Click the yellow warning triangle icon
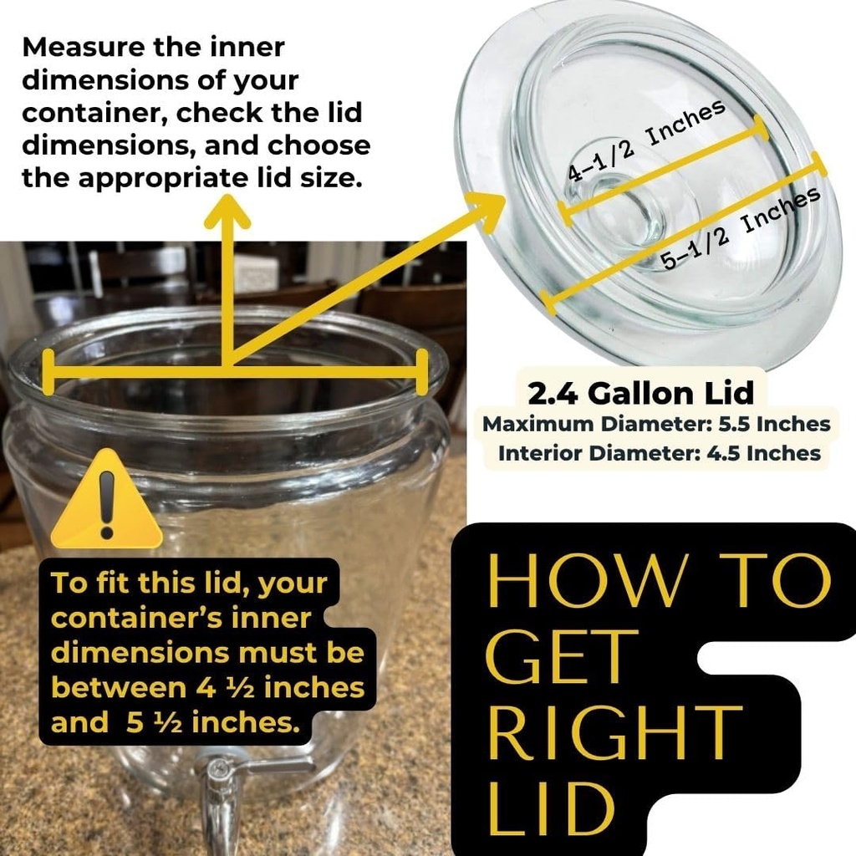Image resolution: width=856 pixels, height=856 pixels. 106,505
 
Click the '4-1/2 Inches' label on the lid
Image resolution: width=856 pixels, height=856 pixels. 646,141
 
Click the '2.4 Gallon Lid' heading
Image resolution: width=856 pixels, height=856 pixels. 640,392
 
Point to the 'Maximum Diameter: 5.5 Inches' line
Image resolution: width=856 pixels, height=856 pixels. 657,424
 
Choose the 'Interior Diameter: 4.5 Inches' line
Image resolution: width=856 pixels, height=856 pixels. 659,453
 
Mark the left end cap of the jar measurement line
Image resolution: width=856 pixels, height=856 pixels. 48,372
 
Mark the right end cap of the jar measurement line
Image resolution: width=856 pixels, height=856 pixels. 420,372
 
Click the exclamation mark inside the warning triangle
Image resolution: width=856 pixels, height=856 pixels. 106,506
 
